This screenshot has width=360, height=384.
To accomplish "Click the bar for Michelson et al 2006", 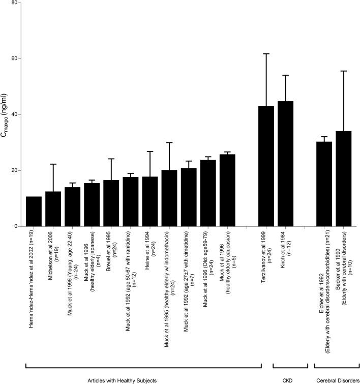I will point(53,209).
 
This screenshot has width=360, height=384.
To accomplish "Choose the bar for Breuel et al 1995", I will point(111,203).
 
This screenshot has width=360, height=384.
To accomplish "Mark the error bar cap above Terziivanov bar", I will point(266,53).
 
